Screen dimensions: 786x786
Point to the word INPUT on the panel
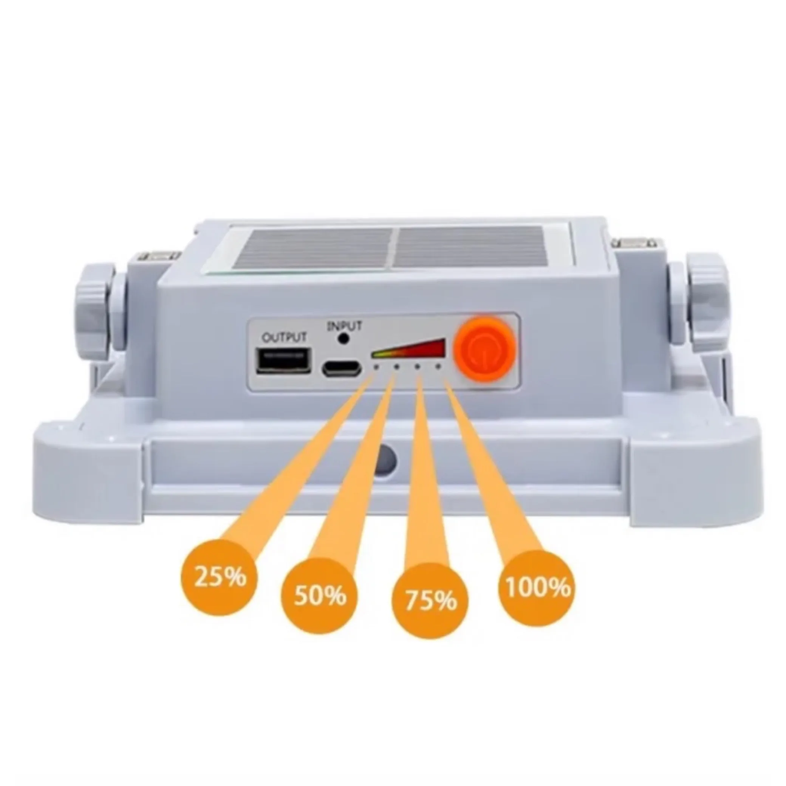point(344,326)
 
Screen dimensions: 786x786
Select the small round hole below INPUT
point(344,339)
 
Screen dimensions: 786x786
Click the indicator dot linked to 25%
point(376,367)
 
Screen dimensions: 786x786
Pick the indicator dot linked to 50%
point(396,367)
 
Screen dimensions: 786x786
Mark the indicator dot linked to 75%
point(417,367)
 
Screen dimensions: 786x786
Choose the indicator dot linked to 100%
point(438,367)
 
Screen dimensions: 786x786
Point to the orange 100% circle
point(537,587)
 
